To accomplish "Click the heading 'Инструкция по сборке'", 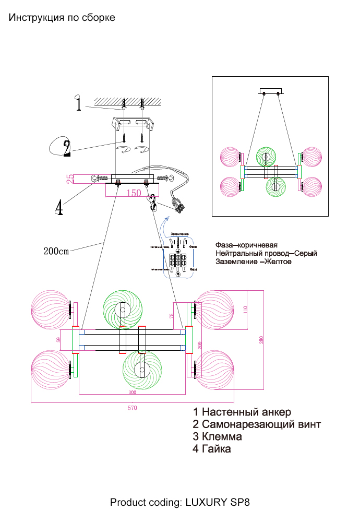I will [x=62, y=18].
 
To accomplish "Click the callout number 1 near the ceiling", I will [x=78, y=104].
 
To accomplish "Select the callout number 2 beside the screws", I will [x=66, y=148].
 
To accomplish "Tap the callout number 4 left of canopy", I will [x=59, y=207].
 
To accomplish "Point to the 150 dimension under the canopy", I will [x=134, y=193].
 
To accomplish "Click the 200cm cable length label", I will [x=56, y=251].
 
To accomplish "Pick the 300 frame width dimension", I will [x=132, y=393].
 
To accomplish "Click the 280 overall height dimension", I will [x=261, y=340].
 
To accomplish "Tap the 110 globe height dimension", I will [x=245, y=310].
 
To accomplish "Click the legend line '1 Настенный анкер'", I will [x=242, y=413].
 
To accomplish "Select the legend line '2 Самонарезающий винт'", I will [x=257, y=424].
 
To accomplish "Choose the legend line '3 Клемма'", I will [x=217, y=436].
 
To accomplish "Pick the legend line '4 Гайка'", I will [x=211, y=448].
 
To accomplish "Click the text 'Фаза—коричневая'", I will [x=246, y=245].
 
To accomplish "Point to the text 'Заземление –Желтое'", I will [x=253, y=261].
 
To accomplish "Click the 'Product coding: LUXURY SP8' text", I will [x=180, y=503].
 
